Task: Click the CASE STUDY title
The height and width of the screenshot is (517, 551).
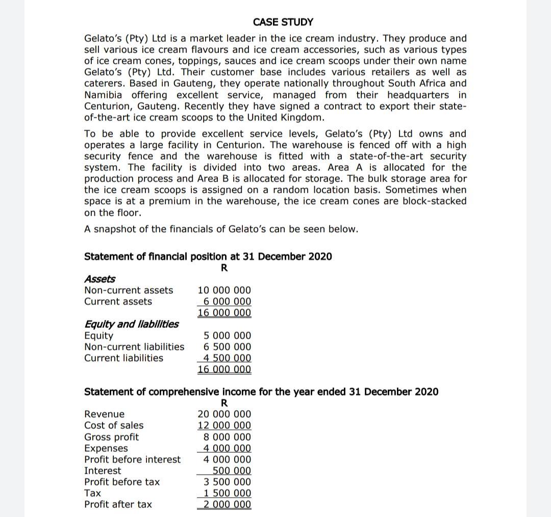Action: point(283,22)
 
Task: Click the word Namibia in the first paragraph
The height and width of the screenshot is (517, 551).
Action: point(104,95)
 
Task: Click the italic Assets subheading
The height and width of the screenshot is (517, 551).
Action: point(99,279)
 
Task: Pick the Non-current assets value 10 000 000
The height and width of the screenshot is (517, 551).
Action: point(224,290)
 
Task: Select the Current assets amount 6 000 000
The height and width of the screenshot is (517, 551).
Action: point(227,301)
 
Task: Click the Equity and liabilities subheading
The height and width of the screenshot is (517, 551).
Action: point(131,324)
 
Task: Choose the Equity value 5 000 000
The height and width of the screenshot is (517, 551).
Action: point(227,335)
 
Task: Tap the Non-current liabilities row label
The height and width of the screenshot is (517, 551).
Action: point(134,347)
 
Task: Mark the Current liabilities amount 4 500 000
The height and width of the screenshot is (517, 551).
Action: point(227,358)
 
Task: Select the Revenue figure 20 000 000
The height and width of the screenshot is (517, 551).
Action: point(224,414)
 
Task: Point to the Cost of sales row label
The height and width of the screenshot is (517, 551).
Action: point(114,425)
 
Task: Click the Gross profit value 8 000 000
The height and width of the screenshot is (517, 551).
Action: point(227,437)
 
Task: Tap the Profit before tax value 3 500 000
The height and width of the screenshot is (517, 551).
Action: point(227,482)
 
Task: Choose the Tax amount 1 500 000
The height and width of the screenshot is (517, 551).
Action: point(227,493)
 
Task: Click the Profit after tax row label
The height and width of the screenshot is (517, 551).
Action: point(118,504)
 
